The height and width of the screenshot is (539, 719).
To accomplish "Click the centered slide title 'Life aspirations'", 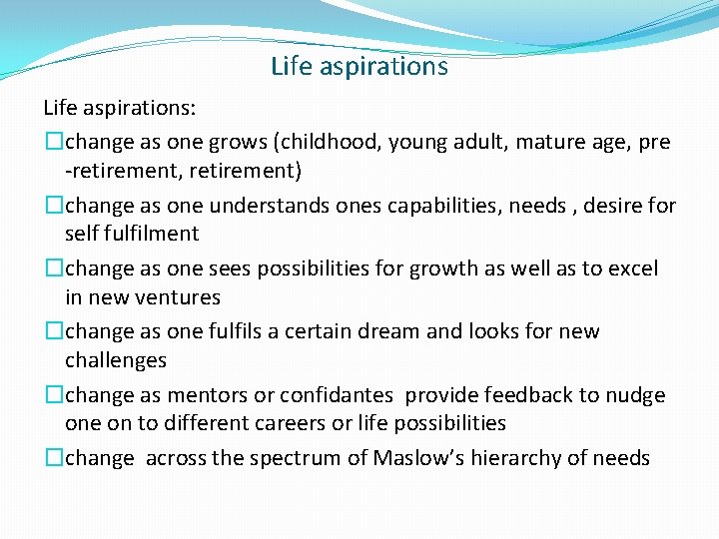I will tap(359, 67).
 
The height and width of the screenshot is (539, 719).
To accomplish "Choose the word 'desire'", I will tap(612, 206).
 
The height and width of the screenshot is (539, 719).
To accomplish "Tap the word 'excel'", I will tap(631, 269).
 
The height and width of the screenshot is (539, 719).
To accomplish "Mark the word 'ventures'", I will tap(177, 297).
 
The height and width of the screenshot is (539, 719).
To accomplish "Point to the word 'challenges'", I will tap(116, 359).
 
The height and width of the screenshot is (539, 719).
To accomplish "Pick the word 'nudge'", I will tap(633, 395).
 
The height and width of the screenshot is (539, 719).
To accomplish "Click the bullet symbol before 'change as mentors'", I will tap(53, 395).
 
